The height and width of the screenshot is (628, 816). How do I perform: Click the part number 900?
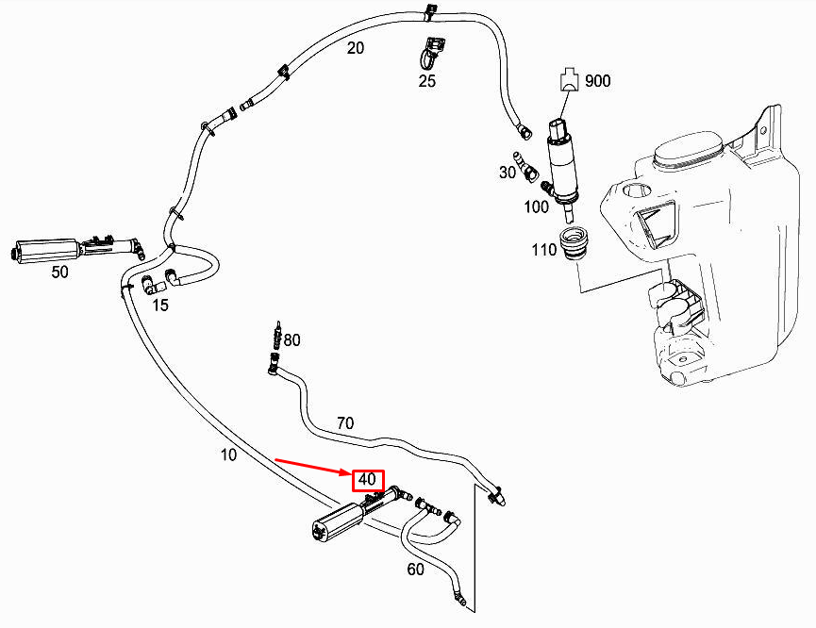tap(598, 81)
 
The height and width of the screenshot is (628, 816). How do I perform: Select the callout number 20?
tap(356, 48)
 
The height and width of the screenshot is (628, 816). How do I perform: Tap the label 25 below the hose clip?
tap(427, 81)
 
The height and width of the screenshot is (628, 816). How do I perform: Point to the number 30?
tap(508, 172)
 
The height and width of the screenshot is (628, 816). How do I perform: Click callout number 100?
tap(536, 206)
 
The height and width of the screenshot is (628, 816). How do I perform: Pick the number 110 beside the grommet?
tap(544, 251)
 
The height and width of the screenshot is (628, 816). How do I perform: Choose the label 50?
tap(59, 272)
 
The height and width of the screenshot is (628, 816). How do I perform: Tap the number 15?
tap(159, 305)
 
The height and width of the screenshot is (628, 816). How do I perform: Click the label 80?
tap(291, 340)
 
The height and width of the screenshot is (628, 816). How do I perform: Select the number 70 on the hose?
tap(345, 423)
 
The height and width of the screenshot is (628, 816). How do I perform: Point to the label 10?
tap(228, 455)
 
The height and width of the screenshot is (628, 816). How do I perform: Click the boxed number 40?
tap(367, 480)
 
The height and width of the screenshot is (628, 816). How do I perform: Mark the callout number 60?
tap(415, 569)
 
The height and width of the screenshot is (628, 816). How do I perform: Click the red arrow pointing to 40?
tap(311, 469)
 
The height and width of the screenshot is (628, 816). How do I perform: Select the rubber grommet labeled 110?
tap(574, 244)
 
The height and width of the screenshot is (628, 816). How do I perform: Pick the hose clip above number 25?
tap(433, 51)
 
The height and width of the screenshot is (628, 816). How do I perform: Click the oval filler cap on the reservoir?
tap(689, 150)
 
